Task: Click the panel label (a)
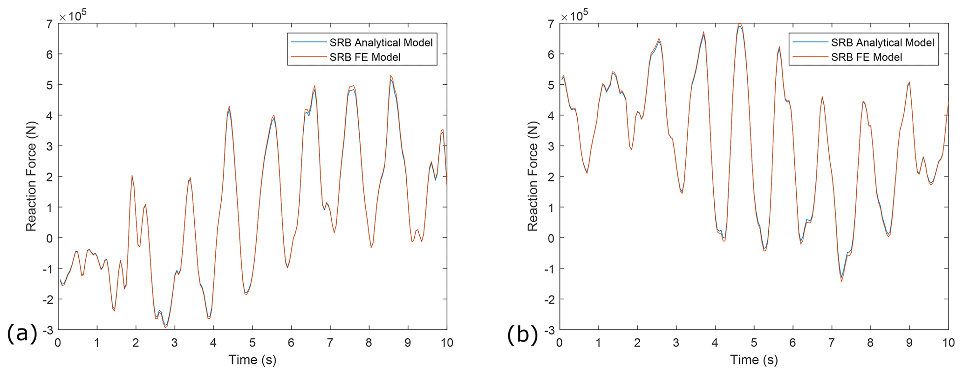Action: (22, 334)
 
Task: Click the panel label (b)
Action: (523, 334)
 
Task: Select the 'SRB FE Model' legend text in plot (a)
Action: (365, 57)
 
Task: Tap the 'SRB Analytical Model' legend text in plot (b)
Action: (882, 43)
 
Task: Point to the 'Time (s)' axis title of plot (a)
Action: (252, 360)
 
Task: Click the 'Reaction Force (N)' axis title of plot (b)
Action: (532, 176)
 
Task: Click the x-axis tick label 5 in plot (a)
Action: (252, 343)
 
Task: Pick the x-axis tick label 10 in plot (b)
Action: (948, 343)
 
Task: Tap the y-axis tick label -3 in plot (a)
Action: (48, 330)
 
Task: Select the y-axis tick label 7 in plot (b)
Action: (551, 24)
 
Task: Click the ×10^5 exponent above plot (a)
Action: (72, 16)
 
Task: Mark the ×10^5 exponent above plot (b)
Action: (574, 16)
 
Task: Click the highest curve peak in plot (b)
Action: (739, 24)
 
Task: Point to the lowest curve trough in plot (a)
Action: (165, 327)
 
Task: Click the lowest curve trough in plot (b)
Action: (841, 281)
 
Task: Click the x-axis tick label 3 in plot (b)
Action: (676, 343)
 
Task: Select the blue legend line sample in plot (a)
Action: (308, 43)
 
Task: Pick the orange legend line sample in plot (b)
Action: (809, 57)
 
